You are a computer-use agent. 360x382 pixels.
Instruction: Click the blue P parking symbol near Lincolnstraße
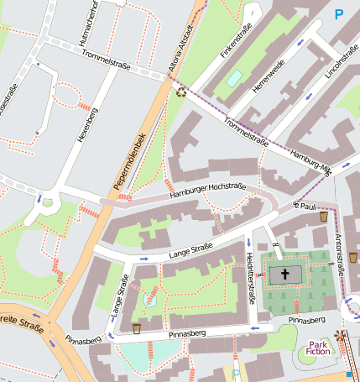pos(339,13)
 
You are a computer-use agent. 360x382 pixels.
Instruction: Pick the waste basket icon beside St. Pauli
pos(324,217)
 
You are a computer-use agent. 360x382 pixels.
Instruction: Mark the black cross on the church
pos(284,274)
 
